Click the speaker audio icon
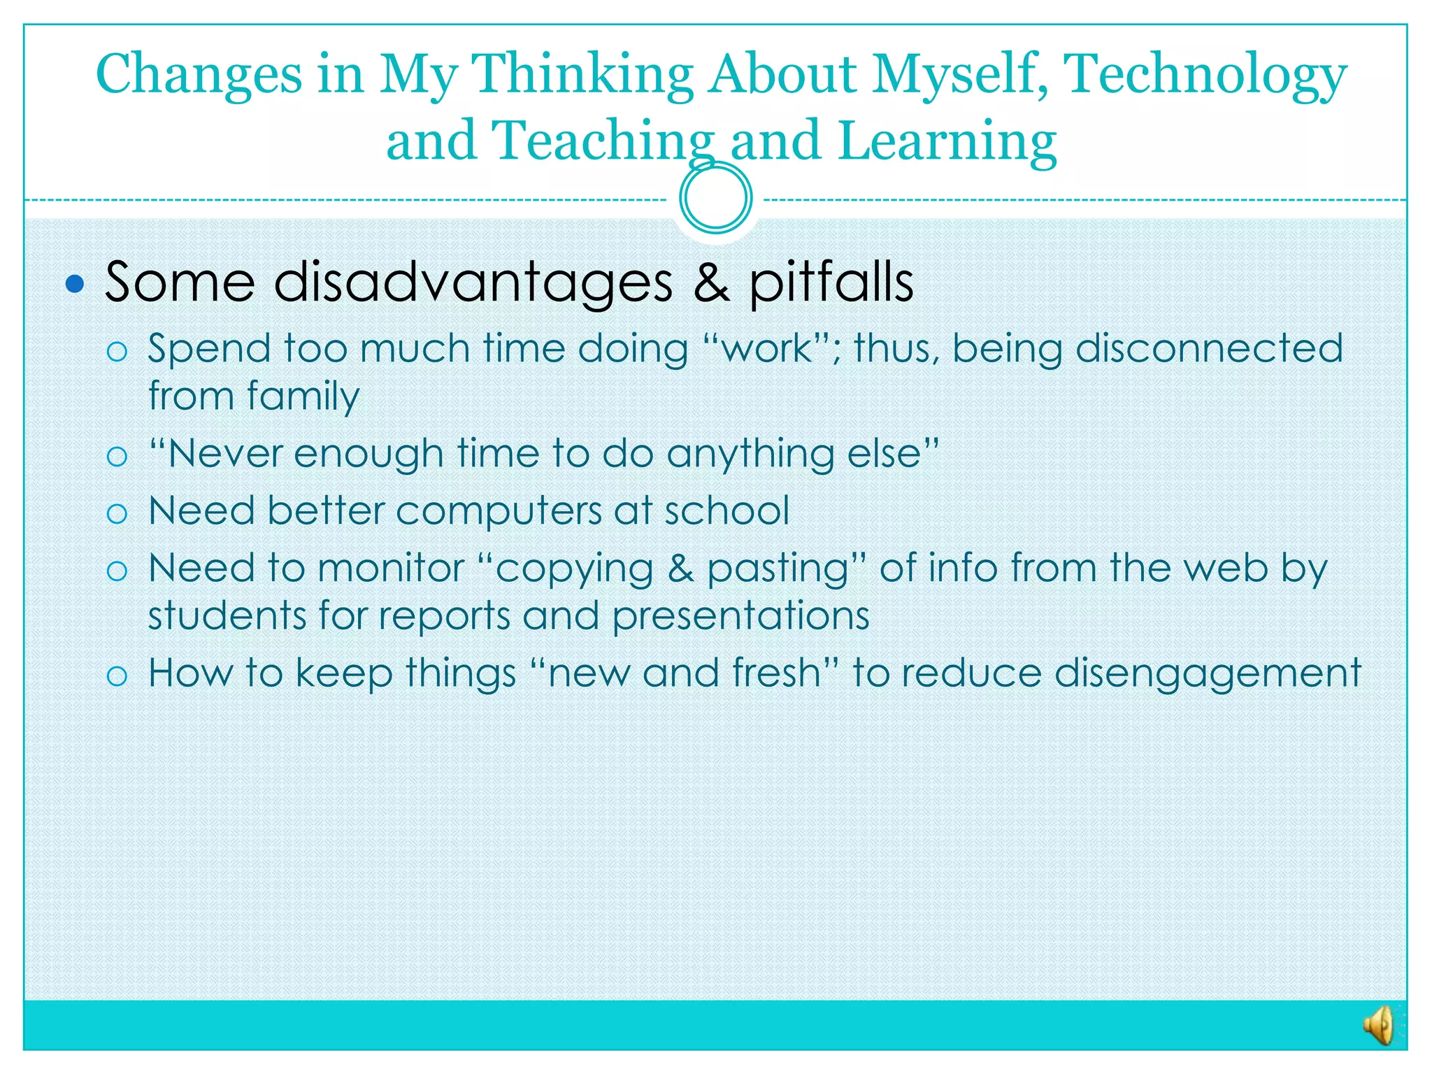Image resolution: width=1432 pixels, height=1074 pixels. [x=1378, y=1026]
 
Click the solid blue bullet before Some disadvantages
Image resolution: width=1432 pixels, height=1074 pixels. [x=75, y=284]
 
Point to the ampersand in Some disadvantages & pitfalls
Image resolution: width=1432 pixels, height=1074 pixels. [x=711, y=282]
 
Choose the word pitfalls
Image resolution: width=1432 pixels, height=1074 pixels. [x=831, y=282]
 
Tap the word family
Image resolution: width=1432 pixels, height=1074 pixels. [x=303, y=396]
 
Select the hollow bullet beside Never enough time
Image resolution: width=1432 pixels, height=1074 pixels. [x=117, y=457]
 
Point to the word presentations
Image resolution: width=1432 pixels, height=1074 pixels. [x=740, y=617]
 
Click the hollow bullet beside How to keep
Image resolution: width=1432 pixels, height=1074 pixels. [x=117, y=675]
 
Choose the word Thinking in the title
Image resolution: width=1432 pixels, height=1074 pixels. [x=582, y=76]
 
